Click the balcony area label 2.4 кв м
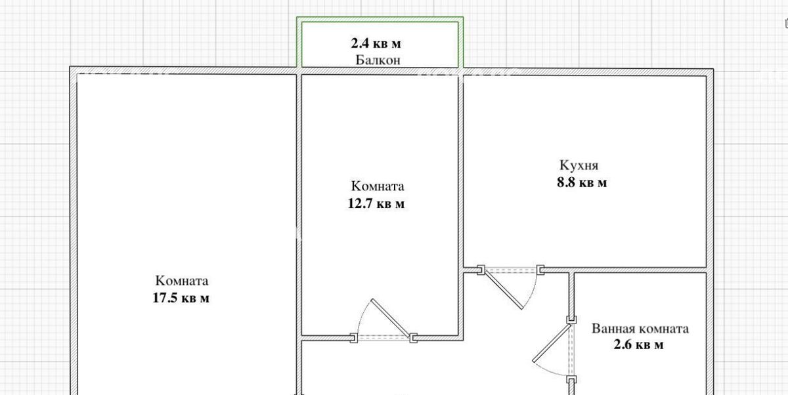[x=376, y=43]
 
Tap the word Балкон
[x=378, y=60]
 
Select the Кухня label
[x=579, y=165]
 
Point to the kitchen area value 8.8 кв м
[x=582, y=183]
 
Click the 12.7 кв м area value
[x=376, y=203]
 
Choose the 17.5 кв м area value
[x=181, y=298]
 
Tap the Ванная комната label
[x=640, y=329]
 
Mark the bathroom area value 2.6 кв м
[x=638, y=344]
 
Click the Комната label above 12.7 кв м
[x=378, y=186]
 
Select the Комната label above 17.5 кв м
[x=182, y=281]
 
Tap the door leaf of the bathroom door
[x=552, y=343]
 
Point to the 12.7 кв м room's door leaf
[x=391, y=318]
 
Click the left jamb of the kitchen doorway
[x=481, y=270]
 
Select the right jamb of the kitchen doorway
[x=540, y=270]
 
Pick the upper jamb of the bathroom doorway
[x=572, y=320]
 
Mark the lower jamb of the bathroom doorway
[x=572, y=379]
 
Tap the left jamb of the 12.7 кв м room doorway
[x=354, y=338]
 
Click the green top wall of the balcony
[x=380, y=19]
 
